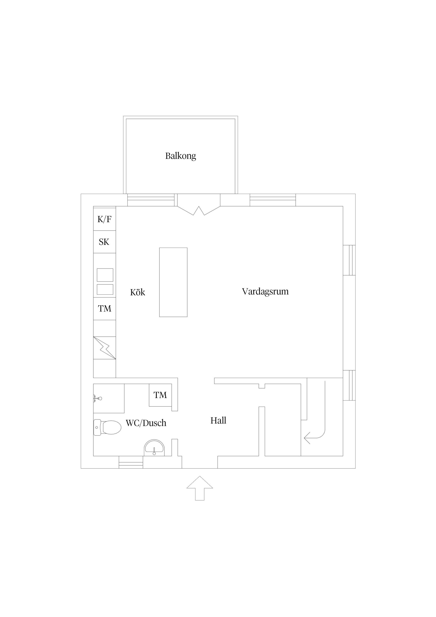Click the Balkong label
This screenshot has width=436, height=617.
tap(181, 156)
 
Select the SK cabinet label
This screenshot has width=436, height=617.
tap(104, 242)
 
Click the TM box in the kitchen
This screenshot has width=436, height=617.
tap(104, 308)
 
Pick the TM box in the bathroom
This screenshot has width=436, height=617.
tap(160, 395)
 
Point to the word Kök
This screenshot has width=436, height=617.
tap(138, 292)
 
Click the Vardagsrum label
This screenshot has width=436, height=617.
tap(265, 291)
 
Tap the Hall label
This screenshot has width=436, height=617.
tap(218, 420)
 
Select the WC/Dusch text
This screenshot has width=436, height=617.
tap(146, 423)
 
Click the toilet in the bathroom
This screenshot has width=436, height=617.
tap(107, 427)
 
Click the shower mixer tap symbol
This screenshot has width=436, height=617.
tap(97, 398)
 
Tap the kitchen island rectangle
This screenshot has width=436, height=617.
tap(173, 282)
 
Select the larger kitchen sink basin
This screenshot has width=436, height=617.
tap(105, 275)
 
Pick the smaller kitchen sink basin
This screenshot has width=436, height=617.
tap(105, 289)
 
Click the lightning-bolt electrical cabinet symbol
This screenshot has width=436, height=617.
tap(104, 348)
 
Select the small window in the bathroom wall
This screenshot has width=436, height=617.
tap(131, 462)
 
